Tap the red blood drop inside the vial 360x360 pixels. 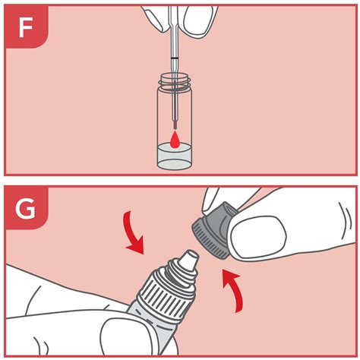(177, 139)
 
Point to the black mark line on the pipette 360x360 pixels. (176, 58)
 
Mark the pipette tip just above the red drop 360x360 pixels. (176, 125)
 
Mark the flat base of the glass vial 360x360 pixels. (177, 167)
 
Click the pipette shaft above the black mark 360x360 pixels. (176, 38)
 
